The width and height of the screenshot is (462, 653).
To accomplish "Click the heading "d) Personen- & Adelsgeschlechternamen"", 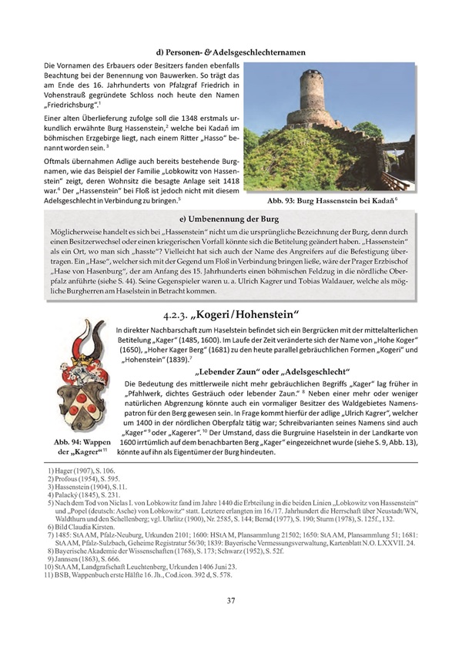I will [230, 52].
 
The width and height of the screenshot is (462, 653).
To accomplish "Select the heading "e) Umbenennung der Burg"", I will [230, 218].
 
